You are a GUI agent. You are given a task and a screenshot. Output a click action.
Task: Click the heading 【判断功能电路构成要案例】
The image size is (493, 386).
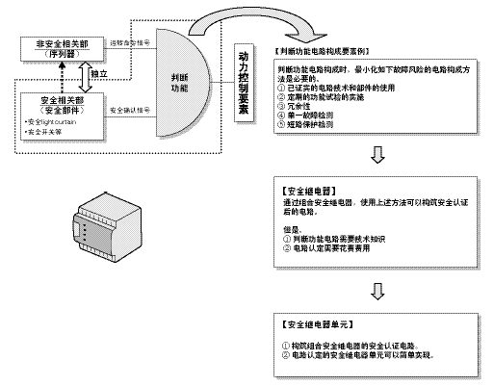(323, 50)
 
